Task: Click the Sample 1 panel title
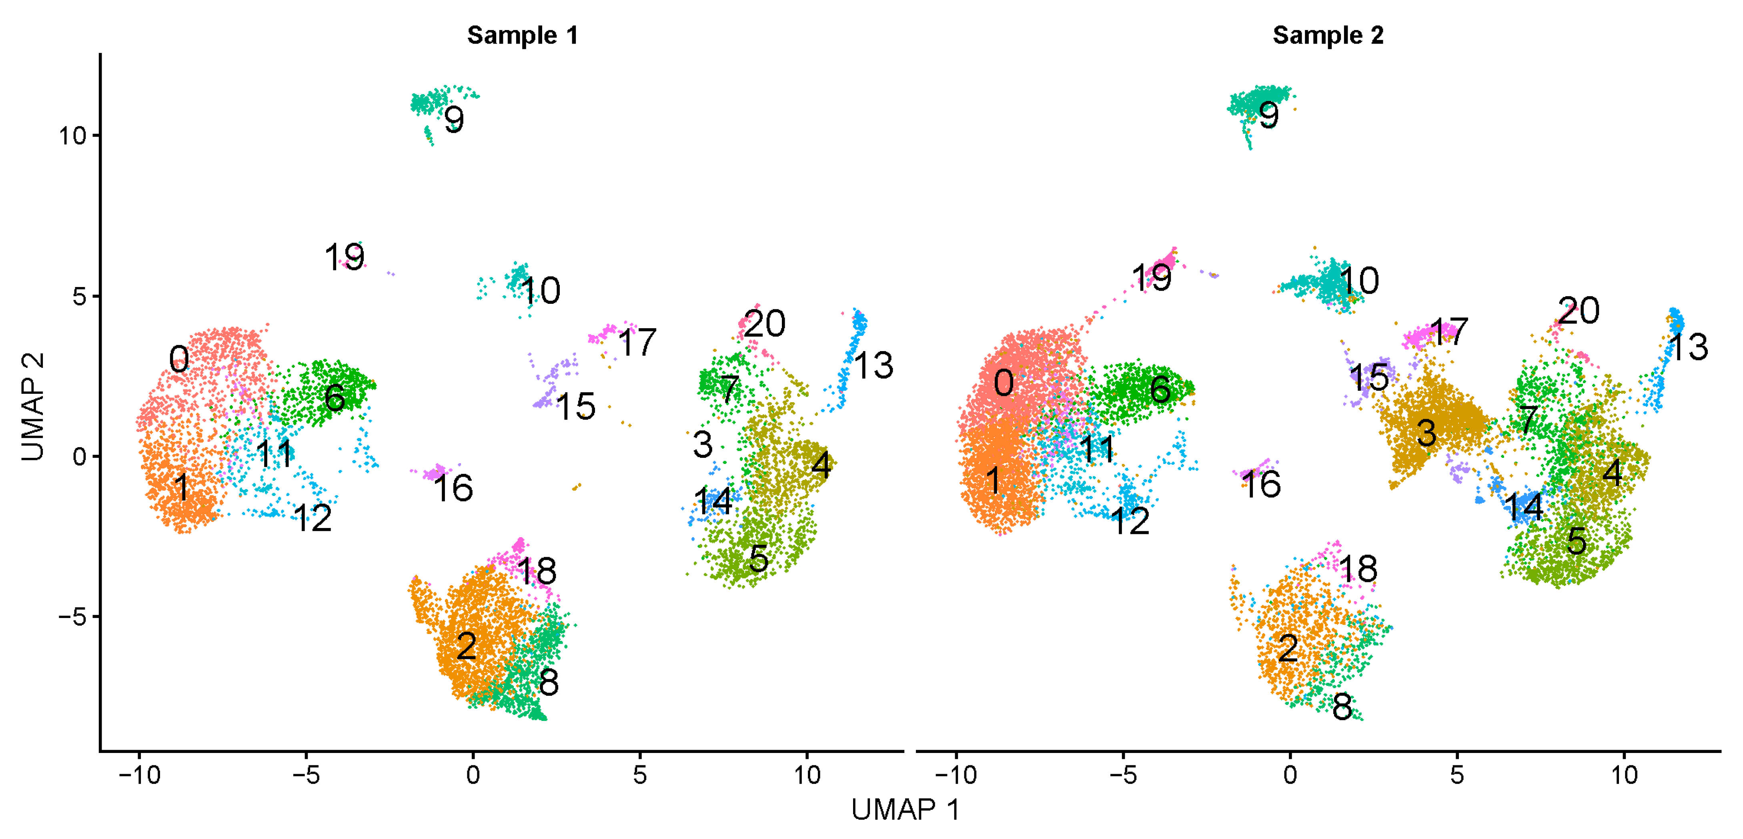click(x=522, y=35)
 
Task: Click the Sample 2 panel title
click(x=1328, y=35)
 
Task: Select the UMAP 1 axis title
click(x=906, y=810)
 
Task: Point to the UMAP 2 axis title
click(x=32, y=406)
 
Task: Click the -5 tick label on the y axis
click(x=72, y=616)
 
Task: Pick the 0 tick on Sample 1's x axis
click(x=473, y=775)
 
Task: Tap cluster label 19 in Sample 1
click(x=345, y=257)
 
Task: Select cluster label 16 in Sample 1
click(x=453, y=488)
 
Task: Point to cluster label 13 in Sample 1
click(x=874, y=365)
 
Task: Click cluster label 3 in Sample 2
click(x=1426, y=433)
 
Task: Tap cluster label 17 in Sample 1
click(x=637, y=342)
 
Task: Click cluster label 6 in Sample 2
click(x=1160, y=390)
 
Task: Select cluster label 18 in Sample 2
click(x=1357, y=569)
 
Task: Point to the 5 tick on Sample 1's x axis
click(x=640, y=775)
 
